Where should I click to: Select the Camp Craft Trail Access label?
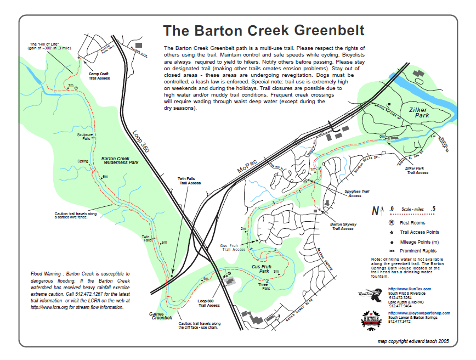click(x=99, y=76)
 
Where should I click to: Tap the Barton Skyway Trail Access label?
click(x=343, y=226)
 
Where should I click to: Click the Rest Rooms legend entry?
click(x=412, y=223)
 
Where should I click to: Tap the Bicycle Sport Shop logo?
click(x=371, y=320)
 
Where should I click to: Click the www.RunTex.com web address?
click(x=410, y=289)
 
